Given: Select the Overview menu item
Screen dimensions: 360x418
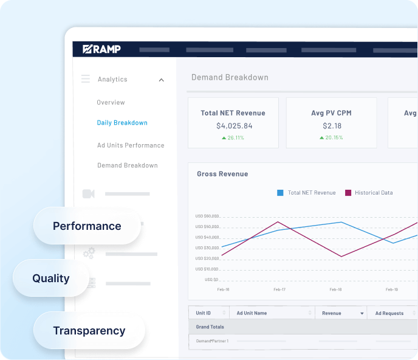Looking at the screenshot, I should [111, 103].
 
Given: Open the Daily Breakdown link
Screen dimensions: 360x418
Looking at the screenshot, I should [122, 123].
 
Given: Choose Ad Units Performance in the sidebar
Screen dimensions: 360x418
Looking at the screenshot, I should [131, 145].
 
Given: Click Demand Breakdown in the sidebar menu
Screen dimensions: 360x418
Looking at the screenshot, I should [127, 165].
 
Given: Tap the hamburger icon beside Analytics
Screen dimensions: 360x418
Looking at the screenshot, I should [86, 79].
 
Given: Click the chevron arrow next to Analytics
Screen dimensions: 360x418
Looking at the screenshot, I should [162, 80].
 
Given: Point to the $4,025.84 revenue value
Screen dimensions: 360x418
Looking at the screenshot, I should [234, 126].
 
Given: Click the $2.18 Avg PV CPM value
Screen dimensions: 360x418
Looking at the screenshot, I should [331, 126].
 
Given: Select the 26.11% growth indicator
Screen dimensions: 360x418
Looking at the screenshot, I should [233, 138].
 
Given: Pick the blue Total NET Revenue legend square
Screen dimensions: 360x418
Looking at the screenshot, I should [280, 193].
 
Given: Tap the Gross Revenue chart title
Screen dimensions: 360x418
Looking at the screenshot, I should [222, 174].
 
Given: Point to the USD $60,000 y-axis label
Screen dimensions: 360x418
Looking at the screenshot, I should [207, 216].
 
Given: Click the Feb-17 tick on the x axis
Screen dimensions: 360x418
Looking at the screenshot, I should [279, 289].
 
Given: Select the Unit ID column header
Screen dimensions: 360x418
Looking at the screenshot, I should [203, 313].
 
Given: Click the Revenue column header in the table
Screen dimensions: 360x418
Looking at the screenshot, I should [332, 313].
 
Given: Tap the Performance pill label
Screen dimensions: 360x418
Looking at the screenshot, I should [87, 226].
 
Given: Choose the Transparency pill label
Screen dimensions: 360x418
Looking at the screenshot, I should [89, 331].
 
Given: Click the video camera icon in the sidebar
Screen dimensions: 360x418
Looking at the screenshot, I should [89, 194].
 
